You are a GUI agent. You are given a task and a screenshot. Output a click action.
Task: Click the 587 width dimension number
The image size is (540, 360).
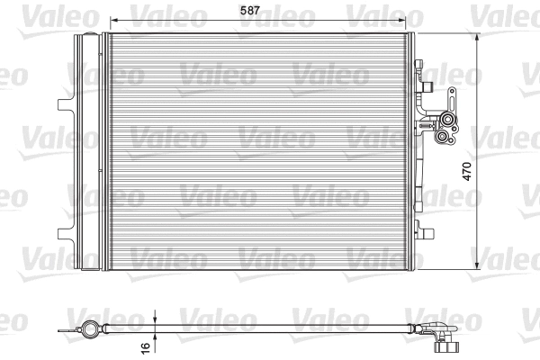pos(260,12)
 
